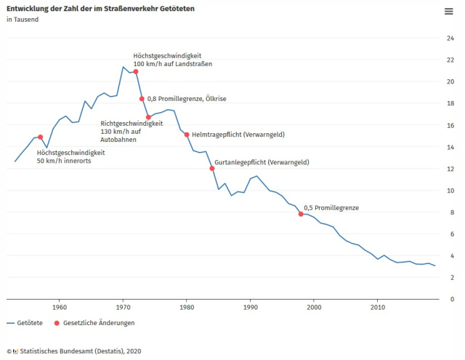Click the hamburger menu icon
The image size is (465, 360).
(449, 11)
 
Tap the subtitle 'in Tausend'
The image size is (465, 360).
(23, 20)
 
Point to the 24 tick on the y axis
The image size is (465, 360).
(451, 38)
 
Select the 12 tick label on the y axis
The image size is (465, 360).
(451, 169)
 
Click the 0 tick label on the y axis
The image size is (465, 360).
(453, 299)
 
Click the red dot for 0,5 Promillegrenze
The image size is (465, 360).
(301, 214)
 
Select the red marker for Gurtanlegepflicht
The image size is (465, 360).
(212, 169)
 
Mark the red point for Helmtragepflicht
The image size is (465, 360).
(187, 135)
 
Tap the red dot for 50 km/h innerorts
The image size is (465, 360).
(41, 137)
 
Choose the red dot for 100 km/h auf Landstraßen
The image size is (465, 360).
(136, 71)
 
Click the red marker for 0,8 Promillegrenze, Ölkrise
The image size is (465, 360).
(142, 99)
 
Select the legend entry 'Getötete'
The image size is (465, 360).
(25, 322)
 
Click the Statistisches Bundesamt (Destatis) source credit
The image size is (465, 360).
(76, 351)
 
